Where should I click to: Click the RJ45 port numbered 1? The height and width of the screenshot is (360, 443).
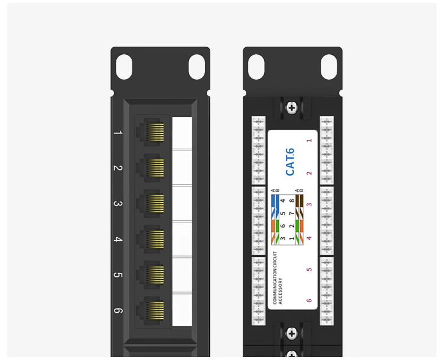[x=152, y=133]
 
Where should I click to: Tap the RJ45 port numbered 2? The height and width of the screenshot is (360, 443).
[x=152, y=168]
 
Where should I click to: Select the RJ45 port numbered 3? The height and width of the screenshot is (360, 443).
[x=152, y=204]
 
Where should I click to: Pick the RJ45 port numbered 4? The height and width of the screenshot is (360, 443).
[x=152, y=239]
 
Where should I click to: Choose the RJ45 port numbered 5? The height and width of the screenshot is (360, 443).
[x=152, y=274]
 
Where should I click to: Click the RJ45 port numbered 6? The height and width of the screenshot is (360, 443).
[x=152, y=310]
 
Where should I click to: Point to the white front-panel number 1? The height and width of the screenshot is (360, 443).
[x=118, y=133]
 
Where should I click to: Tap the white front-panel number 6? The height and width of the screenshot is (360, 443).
[x=118, y=311]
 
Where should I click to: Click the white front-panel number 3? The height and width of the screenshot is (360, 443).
[x=118, y=204]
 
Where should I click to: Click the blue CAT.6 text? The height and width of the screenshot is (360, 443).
[x=290, y=162]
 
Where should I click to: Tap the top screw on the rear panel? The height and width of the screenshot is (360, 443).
[x=291, y=108]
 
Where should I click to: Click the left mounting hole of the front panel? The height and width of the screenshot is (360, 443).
[x=125, y=67]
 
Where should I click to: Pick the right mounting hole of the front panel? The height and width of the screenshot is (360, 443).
[x=196, y=67]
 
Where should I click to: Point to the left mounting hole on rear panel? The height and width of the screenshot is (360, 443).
[x=256, y=67]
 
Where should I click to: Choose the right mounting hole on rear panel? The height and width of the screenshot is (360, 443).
[x=328, y=67]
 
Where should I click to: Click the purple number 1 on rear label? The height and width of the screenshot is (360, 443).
[x=309, y=140]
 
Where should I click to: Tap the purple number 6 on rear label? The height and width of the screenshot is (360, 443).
[x=309, y=300]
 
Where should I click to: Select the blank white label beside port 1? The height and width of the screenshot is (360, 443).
[x=182, y=133]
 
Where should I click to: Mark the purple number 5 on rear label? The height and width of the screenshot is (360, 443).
[x=309, y=270]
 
